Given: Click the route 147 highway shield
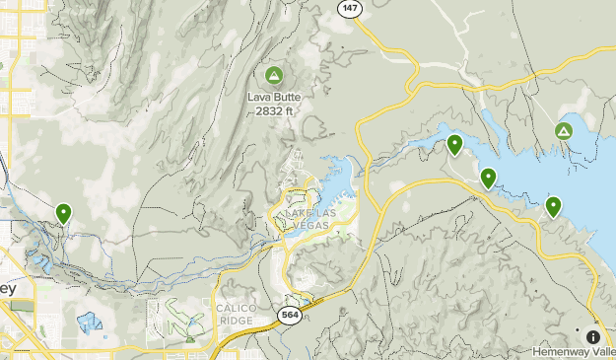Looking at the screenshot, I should coord(350,7).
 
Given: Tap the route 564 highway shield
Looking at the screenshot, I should coord(290,315).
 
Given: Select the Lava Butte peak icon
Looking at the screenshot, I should coord(273,75).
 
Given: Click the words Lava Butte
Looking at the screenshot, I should coord(273,98).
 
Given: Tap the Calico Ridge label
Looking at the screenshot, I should coord(237,315).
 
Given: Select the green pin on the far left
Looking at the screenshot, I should coord(64,212).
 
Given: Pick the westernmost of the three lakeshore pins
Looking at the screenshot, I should coord(454,145).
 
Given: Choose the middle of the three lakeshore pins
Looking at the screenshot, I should coord(488,178).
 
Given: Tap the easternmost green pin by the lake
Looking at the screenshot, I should coord(554,206).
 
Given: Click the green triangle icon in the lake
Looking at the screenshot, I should coord(564,131).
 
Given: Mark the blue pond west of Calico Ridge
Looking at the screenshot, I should coord(89,322).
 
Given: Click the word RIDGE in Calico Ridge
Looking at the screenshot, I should coord(237,321).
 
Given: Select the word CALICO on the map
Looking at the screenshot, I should coord(237,309).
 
